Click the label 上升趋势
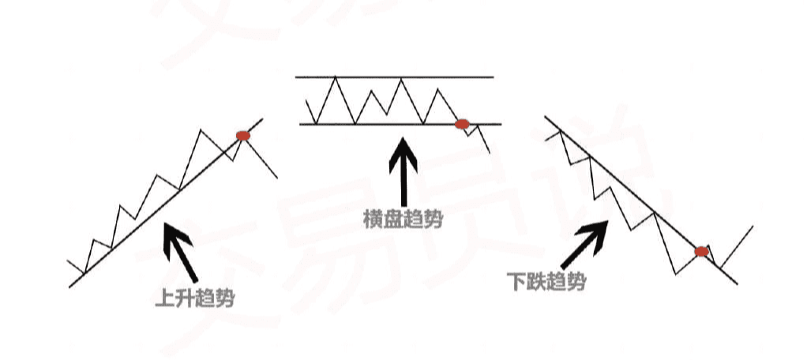tap(196, 298)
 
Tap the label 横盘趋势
tap(403, 219)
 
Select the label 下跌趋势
tap(547, 281)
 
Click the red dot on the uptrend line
tap(243, 136)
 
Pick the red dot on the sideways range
tap(463, 124)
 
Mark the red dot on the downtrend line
tap(701, 252)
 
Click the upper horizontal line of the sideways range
tap(395, 77)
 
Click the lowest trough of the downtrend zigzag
tap(678, 274)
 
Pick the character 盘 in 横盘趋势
tap(393, 219)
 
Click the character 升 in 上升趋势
tap(186, 298)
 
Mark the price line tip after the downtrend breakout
tap(753, 226)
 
